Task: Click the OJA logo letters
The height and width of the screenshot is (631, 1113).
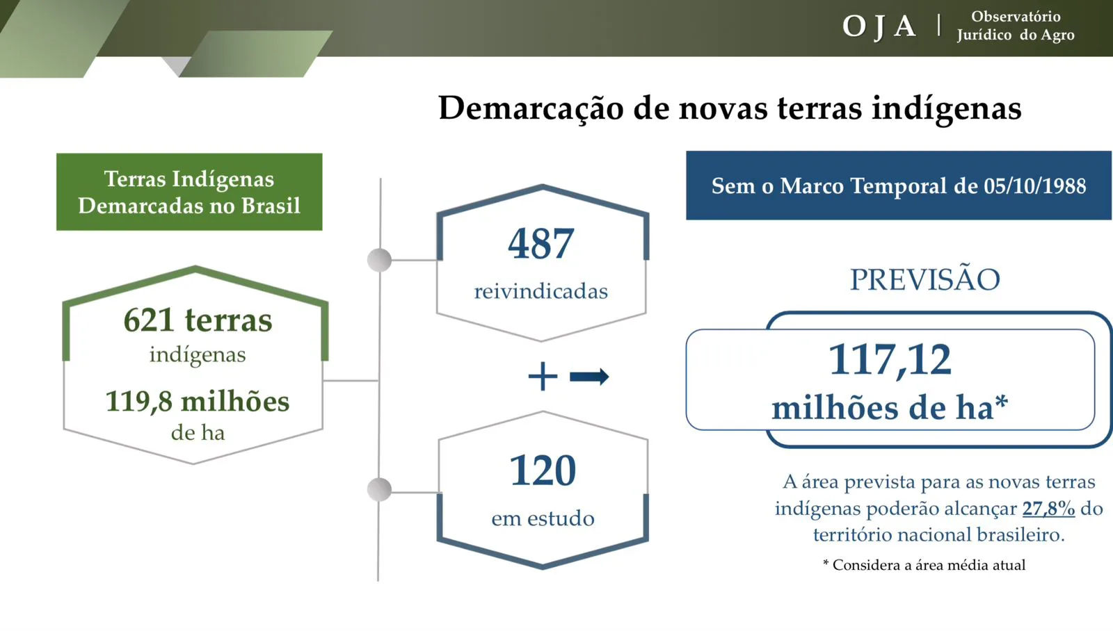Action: coord(879,27)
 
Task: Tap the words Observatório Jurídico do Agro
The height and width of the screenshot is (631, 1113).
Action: coord(1016,26)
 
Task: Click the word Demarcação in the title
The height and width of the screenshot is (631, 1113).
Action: coord(531,108)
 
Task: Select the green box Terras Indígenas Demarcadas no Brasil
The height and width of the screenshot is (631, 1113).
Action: coord(189,192)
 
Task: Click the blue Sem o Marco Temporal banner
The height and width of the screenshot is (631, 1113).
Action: coord(899,185)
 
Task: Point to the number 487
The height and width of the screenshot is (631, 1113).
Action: coord(541,244)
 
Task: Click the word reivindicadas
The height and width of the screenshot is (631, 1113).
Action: coord(541,291)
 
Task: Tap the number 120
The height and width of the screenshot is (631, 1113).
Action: coord(543,470)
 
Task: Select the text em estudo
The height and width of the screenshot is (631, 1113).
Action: coord(543,518)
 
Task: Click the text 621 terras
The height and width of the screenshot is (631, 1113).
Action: coord(198,320)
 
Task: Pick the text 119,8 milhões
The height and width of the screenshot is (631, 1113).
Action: coord(198,401)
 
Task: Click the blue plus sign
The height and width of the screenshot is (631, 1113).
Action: coord(543,377)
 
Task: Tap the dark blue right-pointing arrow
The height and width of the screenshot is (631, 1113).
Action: coord(589,377)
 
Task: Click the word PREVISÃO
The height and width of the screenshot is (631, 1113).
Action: coord(925,279)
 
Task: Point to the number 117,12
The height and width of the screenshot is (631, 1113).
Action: coord(890,360)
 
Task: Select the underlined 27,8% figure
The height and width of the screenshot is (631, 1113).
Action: coord(1048,509)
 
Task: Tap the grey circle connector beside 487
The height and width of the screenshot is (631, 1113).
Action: coord(380,260)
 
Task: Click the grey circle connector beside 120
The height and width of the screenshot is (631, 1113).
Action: coord(380,489)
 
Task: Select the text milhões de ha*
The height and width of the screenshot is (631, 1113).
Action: coord(890,408)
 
